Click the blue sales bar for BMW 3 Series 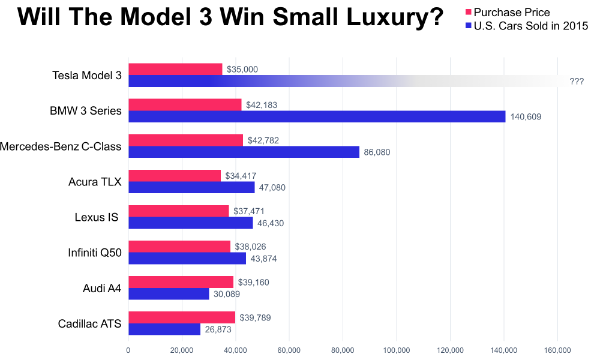coord(317,116)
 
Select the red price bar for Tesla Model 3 coord(175,70)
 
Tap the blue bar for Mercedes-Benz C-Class coord(244,152)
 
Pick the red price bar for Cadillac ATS coord(182,317)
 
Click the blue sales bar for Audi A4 coord(169,293)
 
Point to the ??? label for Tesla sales coord(577,82)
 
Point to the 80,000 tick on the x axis coord(343,350)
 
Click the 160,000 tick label coord(557,350)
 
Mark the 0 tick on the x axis coord(128,350)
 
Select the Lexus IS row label coord(97,217)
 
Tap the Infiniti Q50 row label coord(95,253)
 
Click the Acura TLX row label coord(95,182)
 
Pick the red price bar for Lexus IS coord(179,211)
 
